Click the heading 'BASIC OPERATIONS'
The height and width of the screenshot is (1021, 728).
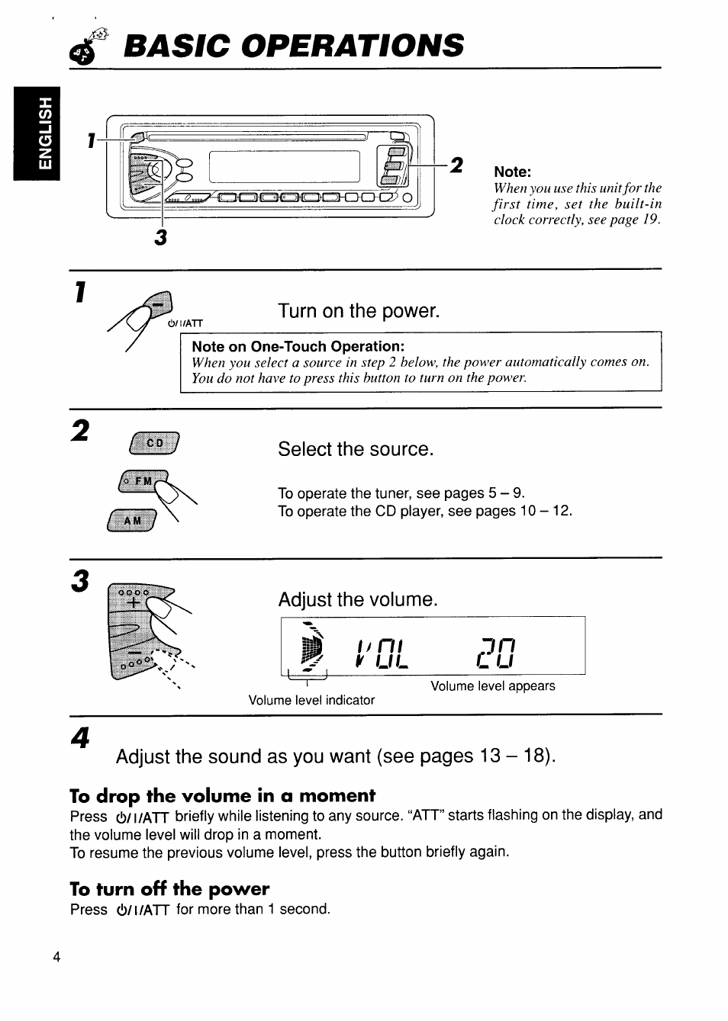pos(293,46)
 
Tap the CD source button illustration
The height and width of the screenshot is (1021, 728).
pos(155,442)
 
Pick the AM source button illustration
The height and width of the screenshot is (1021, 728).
pos(133,520)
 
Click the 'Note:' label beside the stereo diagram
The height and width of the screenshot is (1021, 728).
pos(512,172)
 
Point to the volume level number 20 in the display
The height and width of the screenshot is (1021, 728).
pos(496,653)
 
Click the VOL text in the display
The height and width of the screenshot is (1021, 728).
pos(382,653)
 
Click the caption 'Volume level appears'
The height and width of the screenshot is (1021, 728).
pos(492,686)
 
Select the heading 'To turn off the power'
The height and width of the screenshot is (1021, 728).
pos(169,889)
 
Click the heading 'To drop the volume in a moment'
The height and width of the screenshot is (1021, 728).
pos(222,796)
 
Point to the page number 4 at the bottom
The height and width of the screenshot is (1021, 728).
pos(56,958)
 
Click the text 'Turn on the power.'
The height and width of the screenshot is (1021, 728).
pos(359,311)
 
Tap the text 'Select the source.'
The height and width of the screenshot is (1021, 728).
pos(356,449)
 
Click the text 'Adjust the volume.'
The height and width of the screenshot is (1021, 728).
pos(358,599)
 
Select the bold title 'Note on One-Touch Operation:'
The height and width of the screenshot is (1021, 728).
pos(298,346)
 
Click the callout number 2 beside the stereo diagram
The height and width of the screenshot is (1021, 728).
pos(456,165)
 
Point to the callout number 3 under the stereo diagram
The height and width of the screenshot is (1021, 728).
pos(160,238)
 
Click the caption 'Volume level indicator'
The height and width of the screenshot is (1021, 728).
pos(311,700)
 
